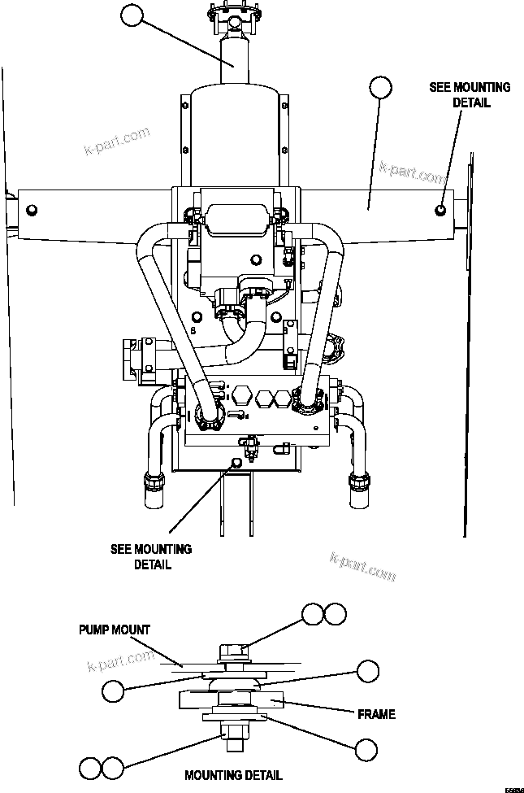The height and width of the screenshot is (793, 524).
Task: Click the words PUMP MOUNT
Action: (x=115, y=630)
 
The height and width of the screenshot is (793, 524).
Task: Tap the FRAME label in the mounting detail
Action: (x=377, y=714)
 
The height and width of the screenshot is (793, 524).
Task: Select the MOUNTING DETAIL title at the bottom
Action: (x=233, y=775)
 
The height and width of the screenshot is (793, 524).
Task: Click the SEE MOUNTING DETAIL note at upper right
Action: (x=470, y=95)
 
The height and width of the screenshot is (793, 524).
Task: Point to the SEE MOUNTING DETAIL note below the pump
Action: (x=151, y=556)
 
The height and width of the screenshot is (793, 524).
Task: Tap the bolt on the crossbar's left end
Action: (x=32, y=211)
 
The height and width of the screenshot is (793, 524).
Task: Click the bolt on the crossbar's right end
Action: (x=440, y=210)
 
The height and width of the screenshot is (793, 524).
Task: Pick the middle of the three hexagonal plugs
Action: (x=262, y=399)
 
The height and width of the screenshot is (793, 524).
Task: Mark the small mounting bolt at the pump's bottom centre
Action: (x=236, y=462)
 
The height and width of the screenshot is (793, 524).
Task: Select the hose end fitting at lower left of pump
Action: (x=154, y=481)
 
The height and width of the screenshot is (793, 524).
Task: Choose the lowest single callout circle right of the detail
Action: (x=366, y=750)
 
